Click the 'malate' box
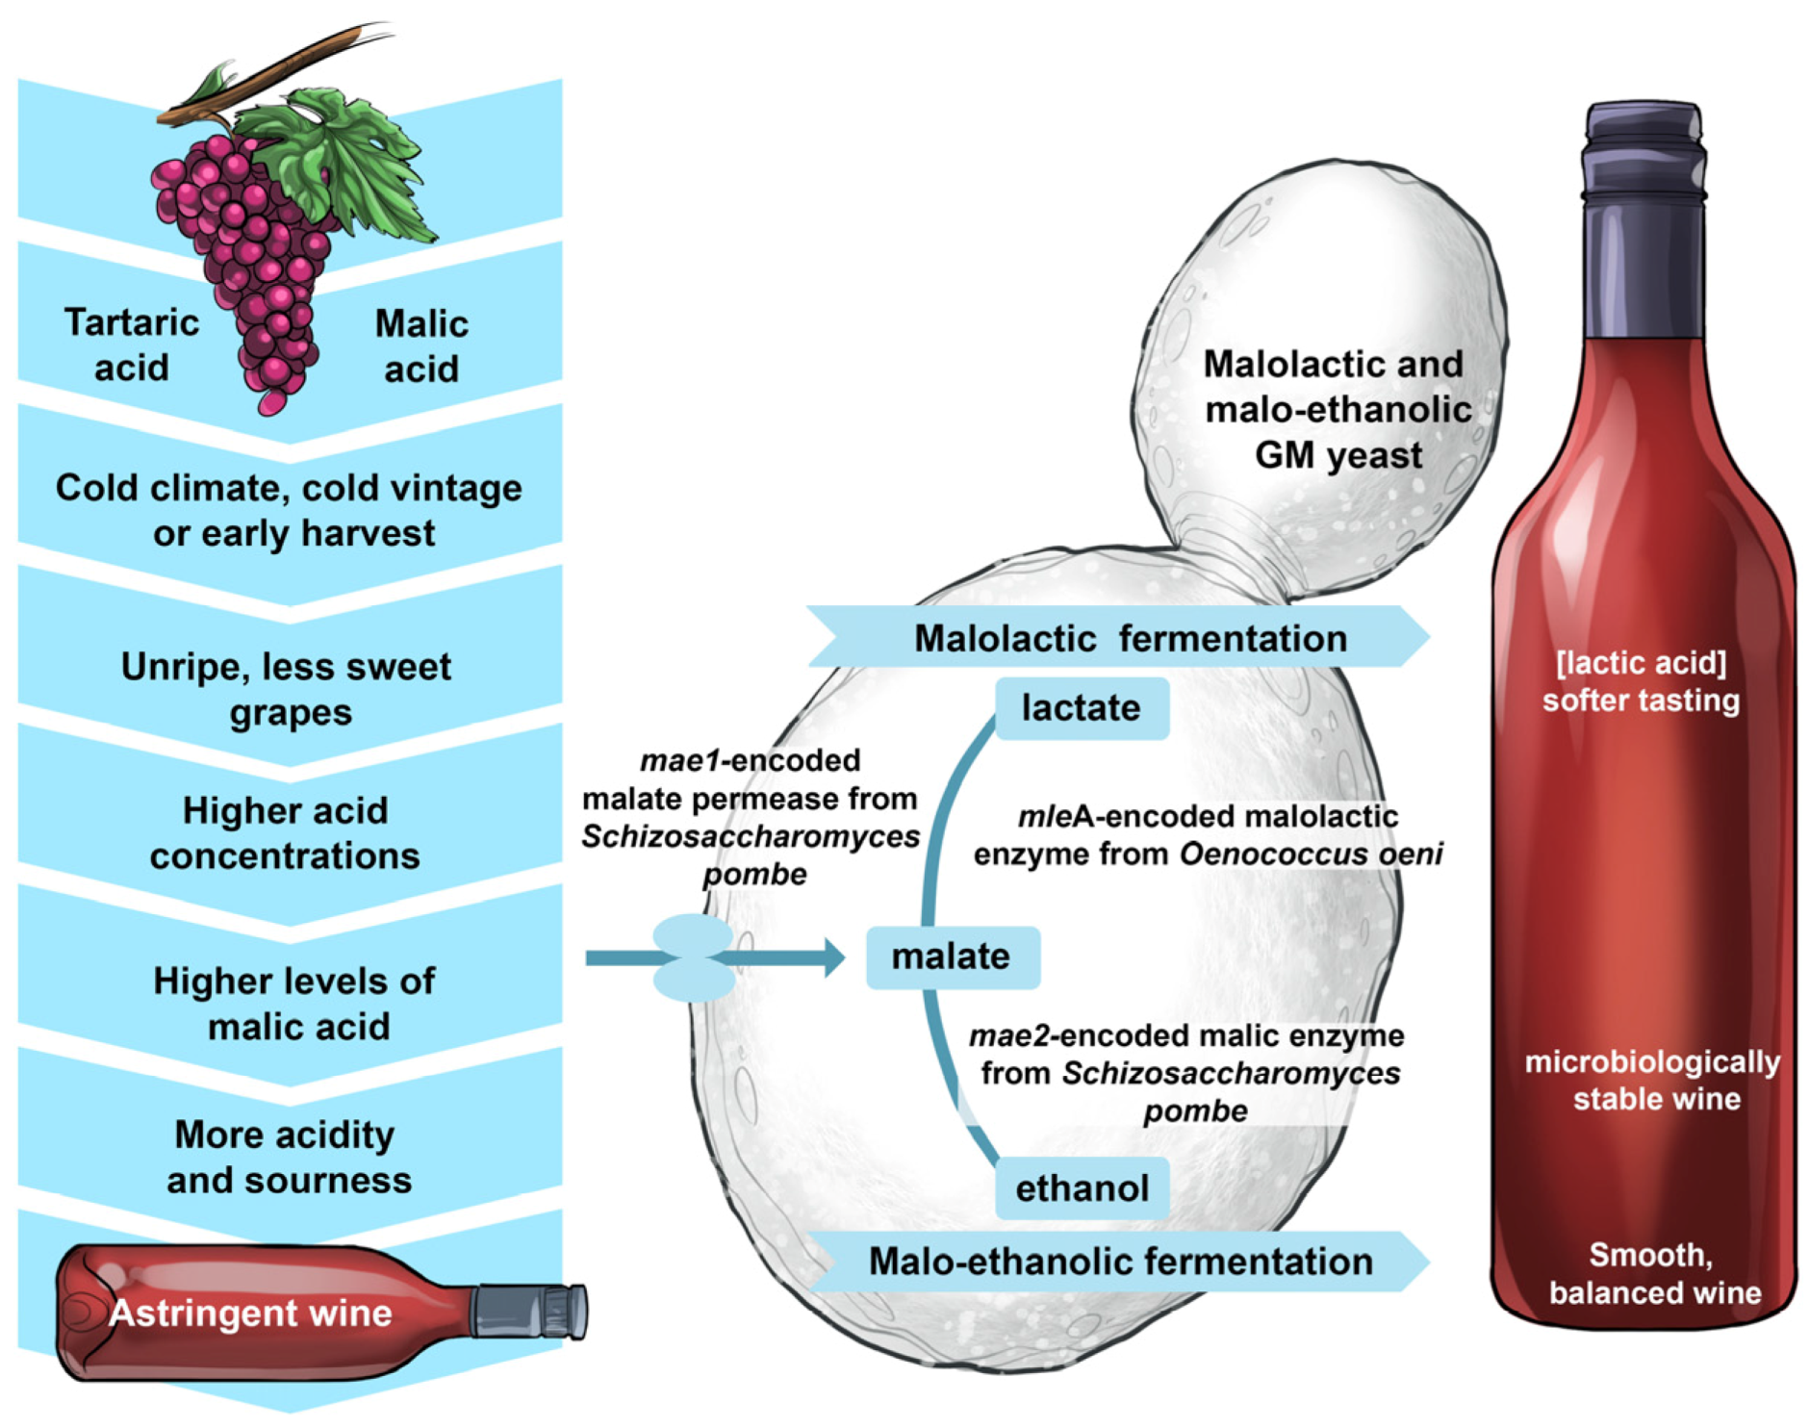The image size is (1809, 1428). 952,957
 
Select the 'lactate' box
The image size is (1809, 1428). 1081,708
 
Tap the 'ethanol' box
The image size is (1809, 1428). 1082,1188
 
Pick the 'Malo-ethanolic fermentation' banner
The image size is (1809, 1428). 1119,1262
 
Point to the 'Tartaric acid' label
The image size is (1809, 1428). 131,344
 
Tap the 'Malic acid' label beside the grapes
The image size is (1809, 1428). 420,345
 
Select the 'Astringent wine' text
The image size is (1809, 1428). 250,1313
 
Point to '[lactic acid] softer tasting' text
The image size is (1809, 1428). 1641,681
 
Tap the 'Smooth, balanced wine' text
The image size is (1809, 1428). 1653,1273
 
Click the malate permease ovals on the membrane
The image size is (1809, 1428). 693,957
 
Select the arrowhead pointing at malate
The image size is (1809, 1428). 833,957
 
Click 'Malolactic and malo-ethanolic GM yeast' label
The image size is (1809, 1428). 1338,409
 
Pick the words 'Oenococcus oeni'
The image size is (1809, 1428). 1311,854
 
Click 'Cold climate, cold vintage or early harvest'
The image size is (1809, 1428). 289,510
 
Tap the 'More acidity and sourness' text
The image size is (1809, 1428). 288,1157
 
